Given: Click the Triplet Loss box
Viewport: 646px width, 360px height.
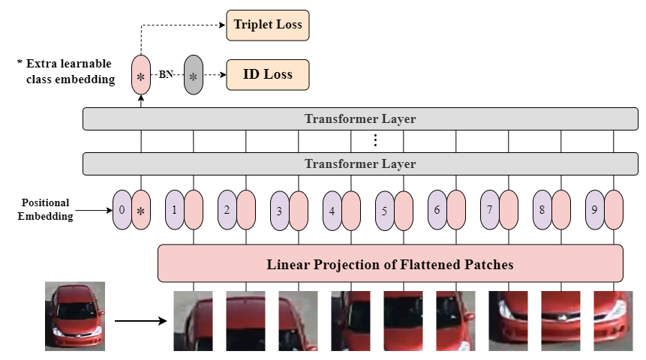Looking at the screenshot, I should click(267, 25).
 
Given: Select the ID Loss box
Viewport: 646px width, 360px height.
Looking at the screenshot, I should click(267, 75).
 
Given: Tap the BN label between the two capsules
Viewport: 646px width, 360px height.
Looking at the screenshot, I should click(167, 75).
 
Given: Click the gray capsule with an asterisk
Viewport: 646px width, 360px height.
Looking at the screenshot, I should click(194, 75).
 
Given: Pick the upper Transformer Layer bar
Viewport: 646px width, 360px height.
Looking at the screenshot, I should click(360, 119).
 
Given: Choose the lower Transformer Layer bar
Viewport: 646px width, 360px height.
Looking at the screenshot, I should click(360, 163).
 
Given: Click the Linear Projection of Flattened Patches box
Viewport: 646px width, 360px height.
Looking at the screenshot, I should click(390, 264).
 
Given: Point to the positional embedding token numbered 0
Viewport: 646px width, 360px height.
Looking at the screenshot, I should click(122, 209).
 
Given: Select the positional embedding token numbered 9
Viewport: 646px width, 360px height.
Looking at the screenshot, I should click(594, 209).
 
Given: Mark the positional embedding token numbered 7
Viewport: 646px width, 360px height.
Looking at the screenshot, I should click(489, 209).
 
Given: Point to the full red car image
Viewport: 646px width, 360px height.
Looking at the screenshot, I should click(74, 316).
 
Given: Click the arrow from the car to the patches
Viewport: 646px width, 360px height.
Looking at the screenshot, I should click(140, 321).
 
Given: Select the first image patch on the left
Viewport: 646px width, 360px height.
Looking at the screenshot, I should click(193, 321).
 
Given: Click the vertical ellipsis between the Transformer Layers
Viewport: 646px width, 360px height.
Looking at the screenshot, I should click(375, 141).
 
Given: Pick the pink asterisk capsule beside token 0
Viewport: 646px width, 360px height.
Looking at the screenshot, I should click(141, 209).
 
